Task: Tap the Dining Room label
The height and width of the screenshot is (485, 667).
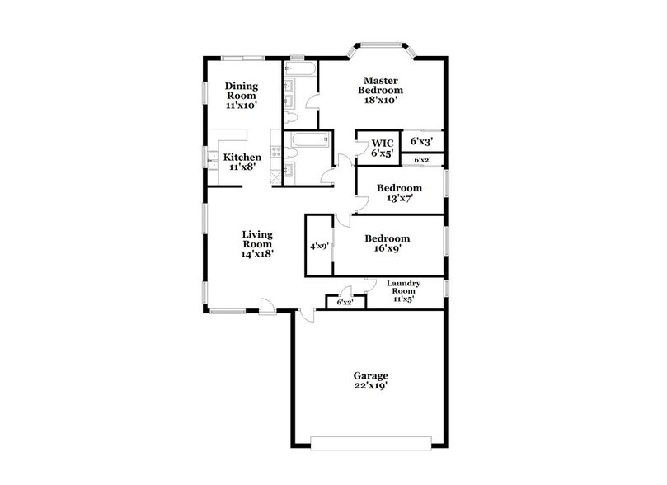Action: coord(243,90)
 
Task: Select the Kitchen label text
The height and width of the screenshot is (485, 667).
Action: coord(243,158)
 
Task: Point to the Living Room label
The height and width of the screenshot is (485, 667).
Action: coord(257,239)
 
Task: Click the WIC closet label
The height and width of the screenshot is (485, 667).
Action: coord(380,143)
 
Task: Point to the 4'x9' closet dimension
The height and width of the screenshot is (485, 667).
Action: coord(318,246)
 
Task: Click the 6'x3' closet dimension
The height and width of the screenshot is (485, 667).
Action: coord(422,142)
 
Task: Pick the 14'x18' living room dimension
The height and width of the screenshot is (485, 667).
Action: coord(257,255)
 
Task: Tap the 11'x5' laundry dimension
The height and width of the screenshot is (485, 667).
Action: coord(402,299)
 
